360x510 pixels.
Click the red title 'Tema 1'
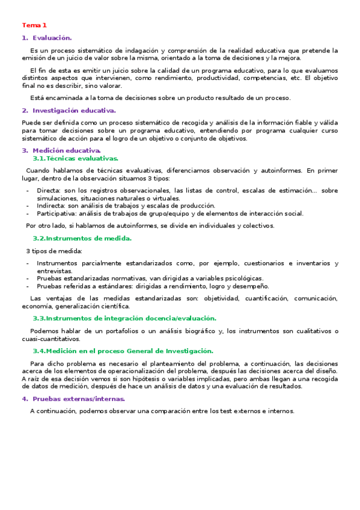[x=34, y=25]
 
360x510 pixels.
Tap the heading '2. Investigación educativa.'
[x=69, y=111]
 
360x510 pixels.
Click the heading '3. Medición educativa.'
[x=62, y=150]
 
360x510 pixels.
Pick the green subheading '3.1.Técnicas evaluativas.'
[x=76, y=158]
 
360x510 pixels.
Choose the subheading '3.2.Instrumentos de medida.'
[x=82, y=238]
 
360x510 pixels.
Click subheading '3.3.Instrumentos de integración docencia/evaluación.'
[x=124, y=318]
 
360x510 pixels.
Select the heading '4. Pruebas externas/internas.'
[x=74, y=399]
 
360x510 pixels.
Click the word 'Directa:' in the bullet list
[x=49, y=191]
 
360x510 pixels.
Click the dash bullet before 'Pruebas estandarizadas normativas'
[x=28, y=278]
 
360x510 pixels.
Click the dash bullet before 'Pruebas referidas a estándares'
[x=28, y=286]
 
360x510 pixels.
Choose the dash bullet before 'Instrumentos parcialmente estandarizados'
[x=28, y=263]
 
